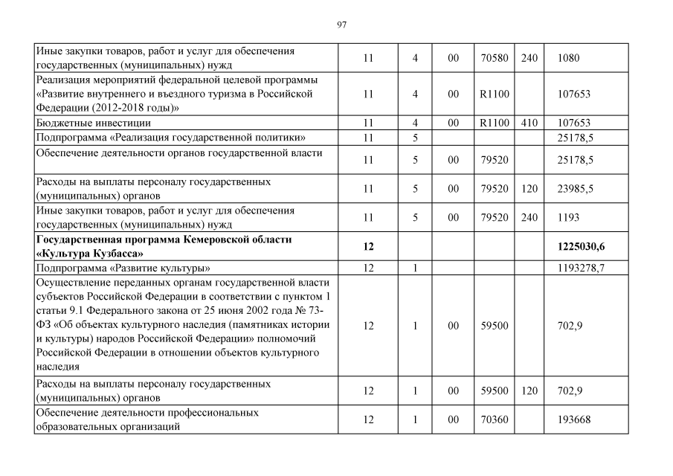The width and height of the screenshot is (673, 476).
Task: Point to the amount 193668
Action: (573, 419)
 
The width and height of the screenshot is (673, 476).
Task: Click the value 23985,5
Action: (575, 189)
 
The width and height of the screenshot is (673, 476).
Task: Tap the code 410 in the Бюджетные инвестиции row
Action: (529, 123)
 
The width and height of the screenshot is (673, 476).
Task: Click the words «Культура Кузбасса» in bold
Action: (89, 253)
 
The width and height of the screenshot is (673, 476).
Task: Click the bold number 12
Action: (367, 246)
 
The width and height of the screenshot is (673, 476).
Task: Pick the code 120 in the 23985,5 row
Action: (529, 189)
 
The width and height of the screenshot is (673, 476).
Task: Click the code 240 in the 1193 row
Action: (529, 217)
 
